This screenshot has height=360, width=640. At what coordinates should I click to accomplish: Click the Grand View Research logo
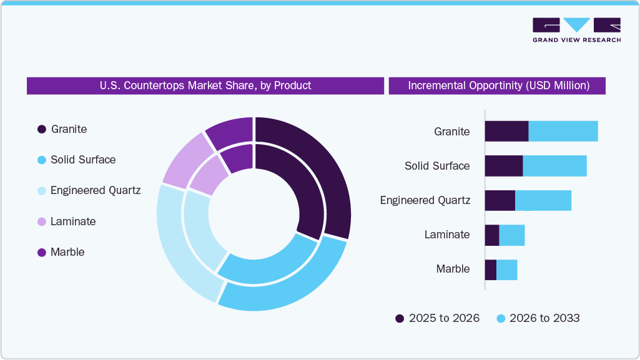click(576, 30)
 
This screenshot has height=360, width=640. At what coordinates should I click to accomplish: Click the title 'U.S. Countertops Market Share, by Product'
click(205, 85)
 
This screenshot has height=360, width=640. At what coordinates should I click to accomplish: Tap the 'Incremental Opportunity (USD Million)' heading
click(498, 85)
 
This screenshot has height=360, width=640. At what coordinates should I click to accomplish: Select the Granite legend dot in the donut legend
click(42, 129)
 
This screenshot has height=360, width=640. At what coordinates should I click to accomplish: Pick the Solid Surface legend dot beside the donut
click(42, 160)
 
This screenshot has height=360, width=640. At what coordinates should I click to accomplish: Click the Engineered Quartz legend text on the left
click(96, 190)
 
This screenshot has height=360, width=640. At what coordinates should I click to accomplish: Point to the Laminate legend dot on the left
click(42, 221)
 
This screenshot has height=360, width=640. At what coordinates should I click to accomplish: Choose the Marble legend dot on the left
click(42, 253)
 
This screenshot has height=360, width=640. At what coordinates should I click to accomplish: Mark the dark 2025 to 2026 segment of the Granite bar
click(506, 131)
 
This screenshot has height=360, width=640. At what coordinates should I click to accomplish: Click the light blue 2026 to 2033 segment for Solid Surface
click(554, 166)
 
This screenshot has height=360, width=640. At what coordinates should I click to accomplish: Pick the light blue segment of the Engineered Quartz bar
click(543, 200)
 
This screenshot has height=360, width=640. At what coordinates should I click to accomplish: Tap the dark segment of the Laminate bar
click(492, 235)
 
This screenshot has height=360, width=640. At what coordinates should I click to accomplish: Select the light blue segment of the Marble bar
click(506, 270)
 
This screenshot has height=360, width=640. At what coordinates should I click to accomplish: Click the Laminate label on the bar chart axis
click(446, 235)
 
